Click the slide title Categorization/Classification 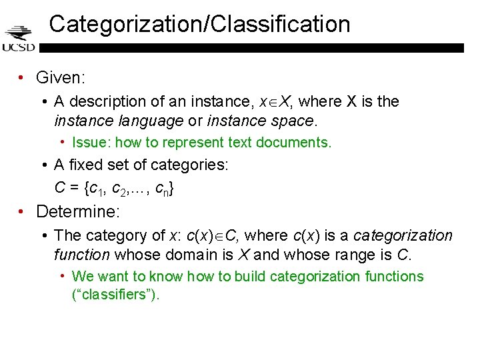(199, 25)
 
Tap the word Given (59, 78)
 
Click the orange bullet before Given (22, 78)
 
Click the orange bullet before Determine (22, 212)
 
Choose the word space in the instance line (296, 121)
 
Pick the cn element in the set (161, 189)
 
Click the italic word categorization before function (403, 235)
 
